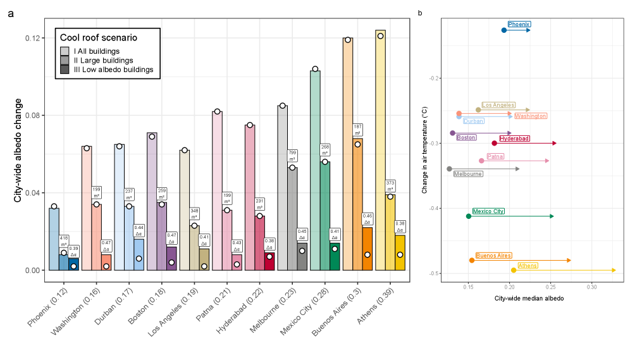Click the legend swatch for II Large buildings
[65, 60]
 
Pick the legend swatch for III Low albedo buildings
[65, 70]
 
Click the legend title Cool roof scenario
[98, 38]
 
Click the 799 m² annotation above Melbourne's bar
[292, 156]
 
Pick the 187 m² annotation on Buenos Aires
[357, 130]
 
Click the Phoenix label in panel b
[519, 24]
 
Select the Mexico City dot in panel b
[469, 216]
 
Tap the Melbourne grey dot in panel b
[449, 169]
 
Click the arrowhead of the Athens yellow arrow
[614, 270]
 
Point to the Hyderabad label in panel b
[514, 138]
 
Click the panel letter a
[11, 13]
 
